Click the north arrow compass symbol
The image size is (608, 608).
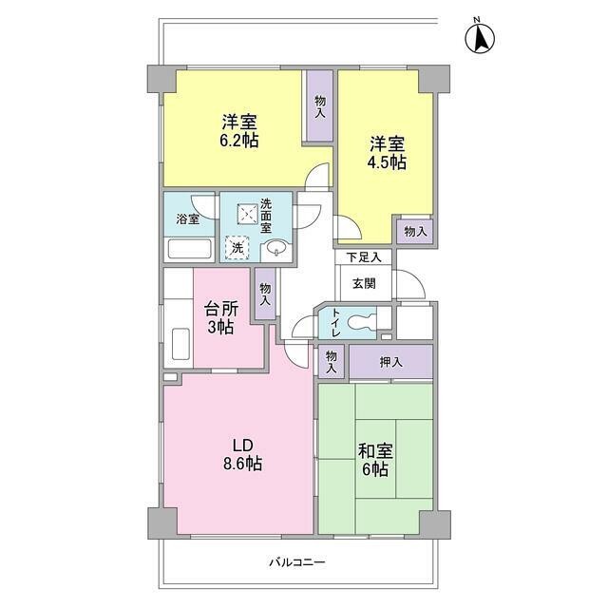coord(481,37)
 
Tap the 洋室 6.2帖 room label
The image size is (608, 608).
coord(239,131)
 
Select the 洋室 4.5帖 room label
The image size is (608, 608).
coord(388,153)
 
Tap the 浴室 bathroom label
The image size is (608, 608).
coord(187,220)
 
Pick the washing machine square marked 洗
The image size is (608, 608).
coord(237,247)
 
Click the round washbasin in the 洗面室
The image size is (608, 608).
coord(275,249)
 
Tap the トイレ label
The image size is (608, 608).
coord(335,323)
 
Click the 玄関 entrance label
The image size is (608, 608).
coord(364,282)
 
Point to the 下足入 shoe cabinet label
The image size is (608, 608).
coord(364,256)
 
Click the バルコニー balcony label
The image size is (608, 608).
coord(298,562)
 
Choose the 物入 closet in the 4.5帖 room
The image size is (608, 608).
coord(414,231)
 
